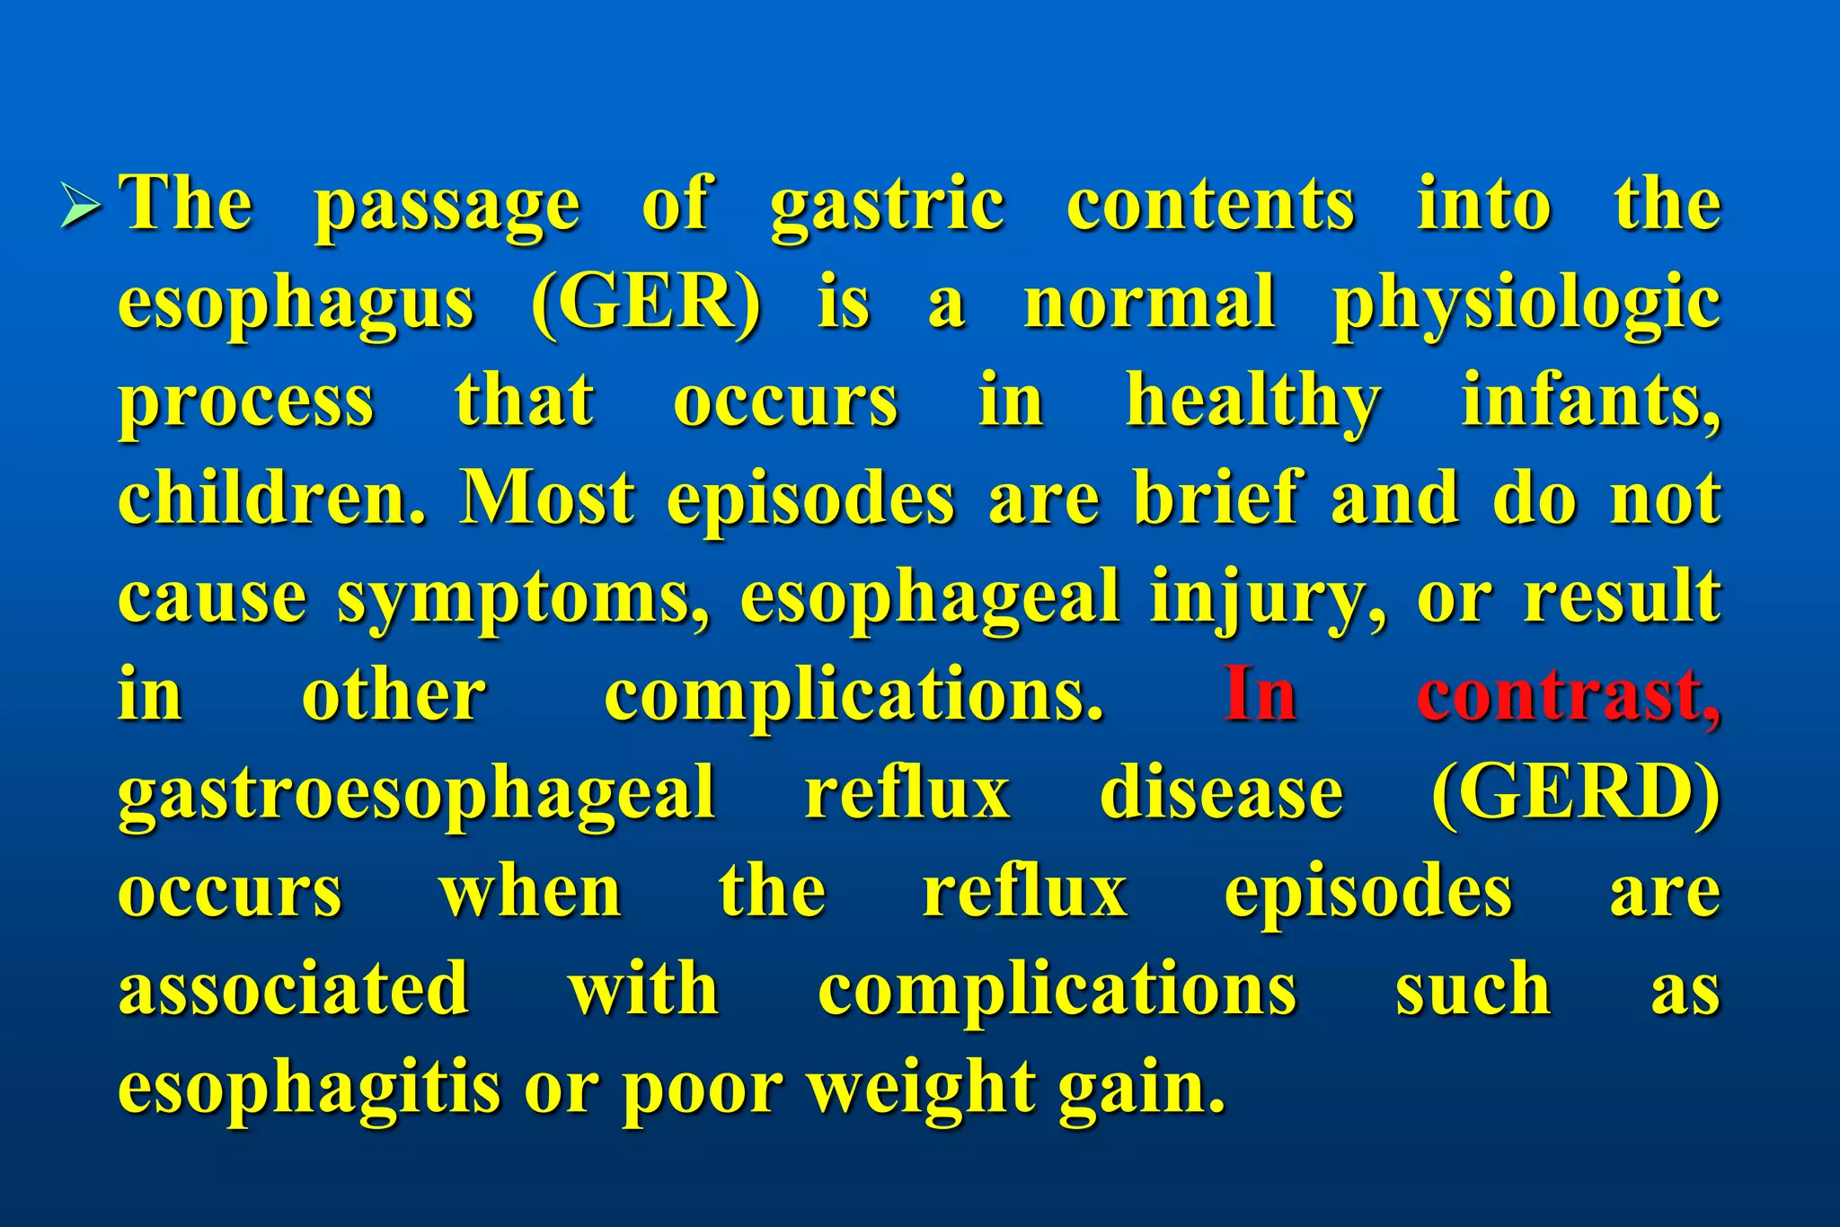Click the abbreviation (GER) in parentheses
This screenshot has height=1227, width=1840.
point(645,304)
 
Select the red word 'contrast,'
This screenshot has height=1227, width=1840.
point(1568,695)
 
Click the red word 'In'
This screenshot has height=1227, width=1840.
point(1261,695)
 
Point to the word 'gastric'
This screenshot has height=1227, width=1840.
point(887,207)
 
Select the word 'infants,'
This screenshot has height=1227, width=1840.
point(1590,401)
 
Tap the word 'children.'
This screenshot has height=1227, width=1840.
point(271,499)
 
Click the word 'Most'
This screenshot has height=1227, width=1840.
point(547,499)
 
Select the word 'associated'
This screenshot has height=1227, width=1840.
point(294,989)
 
